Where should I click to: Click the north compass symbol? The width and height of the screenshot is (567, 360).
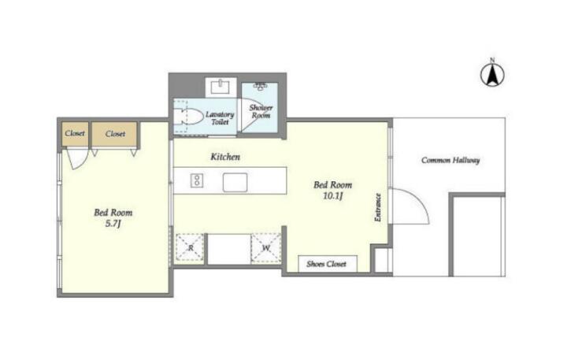click(492, 74)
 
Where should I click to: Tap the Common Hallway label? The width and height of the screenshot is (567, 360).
click(450, 160)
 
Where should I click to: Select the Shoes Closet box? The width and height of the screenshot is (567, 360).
click(328, 264)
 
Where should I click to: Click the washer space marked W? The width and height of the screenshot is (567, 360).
click(266, 248)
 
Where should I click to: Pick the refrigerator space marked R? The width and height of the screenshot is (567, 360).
click(191, 248)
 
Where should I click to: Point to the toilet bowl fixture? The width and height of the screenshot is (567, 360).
click(187, 117)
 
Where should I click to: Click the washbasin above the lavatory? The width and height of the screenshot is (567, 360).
click(220, 87)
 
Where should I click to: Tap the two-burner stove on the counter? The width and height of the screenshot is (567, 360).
click(197, 180)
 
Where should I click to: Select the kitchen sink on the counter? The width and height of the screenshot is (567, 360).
click(235, 182)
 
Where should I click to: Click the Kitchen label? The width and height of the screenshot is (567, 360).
click(225, 157)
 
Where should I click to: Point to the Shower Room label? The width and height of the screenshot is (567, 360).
click(261, 111)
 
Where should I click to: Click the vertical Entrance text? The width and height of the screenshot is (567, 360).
click(377, 207)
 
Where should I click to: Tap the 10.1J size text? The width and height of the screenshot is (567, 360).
click(332, 196)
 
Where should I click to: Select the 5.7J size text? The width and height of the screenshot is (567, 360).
click(113, 224)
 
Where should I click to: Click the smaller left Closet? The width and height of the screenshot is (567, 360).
click(75, 133)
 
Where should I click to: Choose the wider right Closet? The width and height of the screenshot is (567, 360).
click(115, 134)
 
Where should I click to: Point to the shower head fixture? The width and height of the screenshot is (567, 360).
click(260, 86)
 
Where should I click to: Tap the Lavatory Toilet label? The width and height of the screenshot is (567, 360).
click(220, 118)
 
